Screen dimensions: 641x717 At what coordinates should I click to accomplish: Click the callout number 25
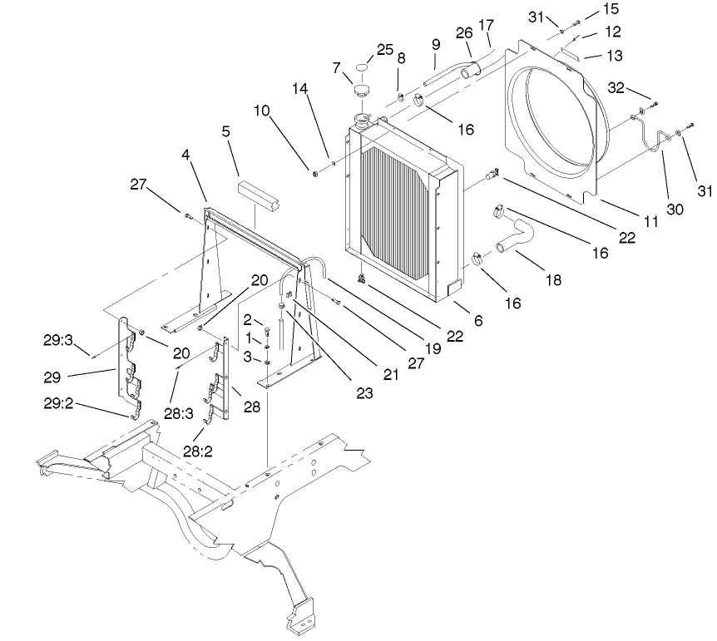point(384,50)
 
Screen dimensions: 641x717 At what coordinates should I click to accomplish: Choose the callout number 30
point(675,210)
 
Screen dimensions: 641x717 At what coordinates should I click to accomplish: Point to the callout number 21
point(391,374)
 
